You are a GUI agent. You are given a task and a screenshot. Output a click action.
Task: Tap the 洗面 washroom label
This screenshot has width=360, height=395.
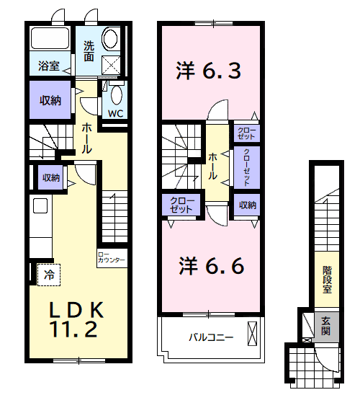pyautogui.click(x=89, y=50)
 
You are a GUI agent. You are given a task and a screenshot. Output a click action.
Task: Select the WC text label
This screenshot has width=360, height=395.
pyautogui.click(x=115, y=113)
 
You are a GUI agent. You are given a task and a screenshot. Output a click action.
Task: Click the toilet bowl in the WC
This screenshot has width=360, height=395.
pyautogui.click(x=115, y=94)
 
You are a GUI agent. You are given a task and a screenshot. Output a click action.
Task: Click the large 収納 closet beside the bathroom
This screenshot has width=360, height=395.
pyautogui.click(x=50, y=100)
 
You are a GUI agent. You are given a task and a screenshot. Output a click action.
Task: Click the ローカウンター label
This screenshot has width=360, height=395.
pyautogui.click(x=112, y=257)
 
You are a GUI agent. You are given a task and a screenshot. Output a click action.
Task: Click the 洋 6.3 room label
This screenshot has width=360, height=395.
pyautogui.click(x=208, y=71)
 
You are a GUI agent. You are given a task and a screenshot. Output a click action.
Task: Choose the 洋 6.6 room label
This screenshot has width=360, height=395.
pyautogui.click(x=210, y=265)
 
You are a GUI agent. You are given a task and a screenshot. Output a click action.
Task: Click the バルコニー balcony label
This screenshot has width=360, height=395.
pyautogui.click(x=211, y=337)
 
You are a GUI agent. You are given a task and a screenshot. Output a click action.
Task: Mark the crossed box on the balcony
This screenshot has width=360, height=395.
pyautogui.click(x=252, y=335)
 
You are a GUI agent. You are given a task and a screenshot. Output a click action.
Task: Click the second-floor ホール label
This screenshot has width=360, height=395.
pyautogui.click(x=215, y=165)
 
